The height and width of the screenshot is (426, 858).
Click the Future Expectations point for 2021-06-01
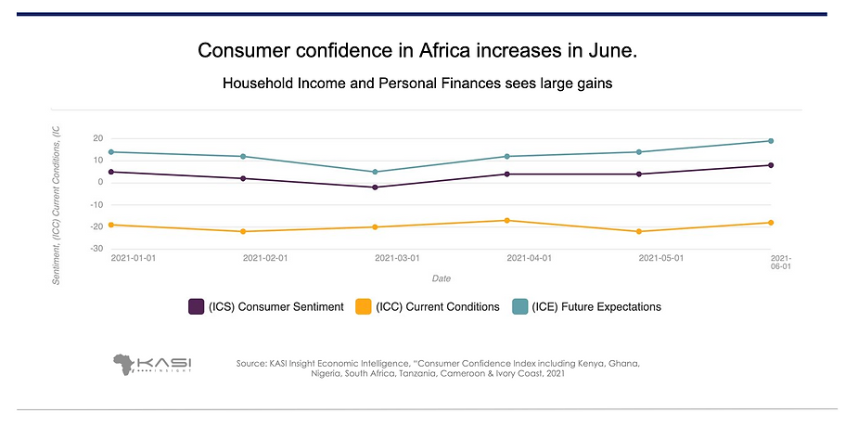(x=771, y=141)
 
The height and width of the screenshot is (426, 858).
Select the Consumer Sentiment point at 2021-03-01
(x=375, y=187)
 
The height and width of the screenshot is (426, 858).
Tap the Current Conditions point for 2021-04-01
(x=507, y=220)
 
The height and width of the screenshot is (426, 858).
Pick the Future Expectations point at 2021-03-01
(x=375, y=172)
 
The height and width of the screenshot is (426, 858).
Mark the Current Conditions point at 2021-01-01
(x=111, y=225)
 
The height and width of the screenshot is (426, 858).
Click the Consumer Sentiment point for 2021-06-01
(x=771, y=165)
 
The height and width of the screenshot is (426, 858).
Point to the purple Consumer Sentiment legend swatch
(x=197, y=306)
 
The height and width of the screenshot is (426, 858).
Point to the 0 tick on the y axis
(x=98, y=182)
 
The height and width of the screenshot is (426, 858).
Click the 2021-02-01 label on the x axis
(x=265, y=258)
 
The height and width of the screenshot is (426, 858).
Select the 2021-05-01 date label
(x=661, y=258)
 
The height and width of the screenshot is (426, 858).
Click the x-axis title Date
(x=442, y=278)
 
